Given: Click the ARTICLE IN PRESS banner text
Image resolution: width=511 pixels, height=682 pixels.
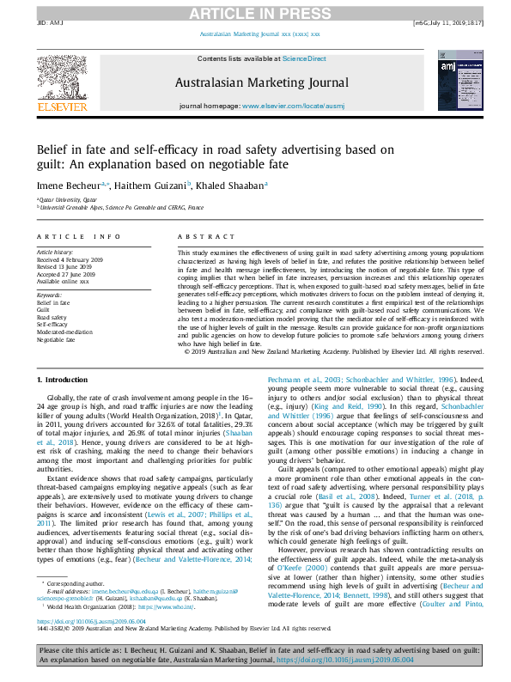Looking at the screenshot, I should tap(255, 12).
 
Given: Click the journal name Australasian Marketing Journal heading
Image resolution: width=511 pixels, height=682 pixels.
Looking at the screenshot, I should tap(254, 83).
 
